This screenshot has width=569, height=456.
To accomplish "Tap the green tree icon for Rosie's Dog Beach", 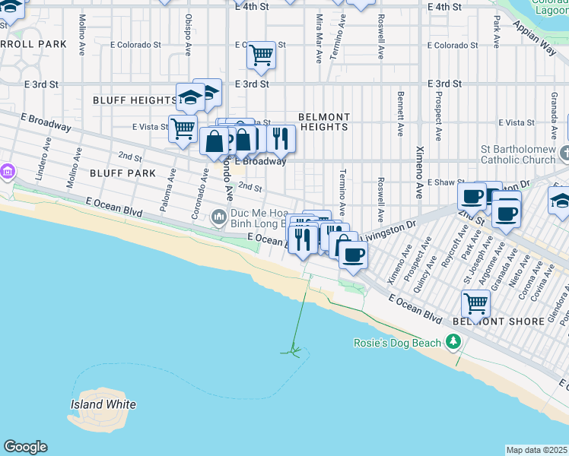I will tap(453, 343).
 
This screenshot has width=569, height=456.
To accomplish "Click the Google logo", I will tap(25, 447).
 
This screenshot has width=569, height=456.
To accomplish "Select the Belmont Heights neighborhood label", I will tap(323, 122).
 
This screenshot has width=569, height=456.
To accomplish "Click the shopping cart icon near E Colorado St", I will tap(261, 54).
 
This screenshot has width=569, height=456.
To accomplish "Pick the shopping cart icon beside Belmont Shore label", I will tap(475, 303).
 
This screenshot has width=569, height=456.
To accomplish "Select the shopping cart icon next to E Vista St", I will tap(183, 128).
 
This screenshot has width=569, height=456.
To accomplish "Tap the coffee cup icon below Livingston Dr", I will tap(352, 255).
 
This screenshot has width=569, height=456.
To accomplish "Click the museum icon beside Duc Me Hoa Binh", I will tap(220, 218).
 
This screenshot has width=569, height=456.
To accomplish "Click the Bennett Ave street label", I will tap(399, 114).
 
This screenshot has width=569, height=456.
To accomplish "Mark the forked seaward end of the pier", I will tap(294, 350).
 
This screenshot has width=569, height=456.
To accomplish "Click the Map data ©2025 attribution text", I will tap(536, 450).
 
